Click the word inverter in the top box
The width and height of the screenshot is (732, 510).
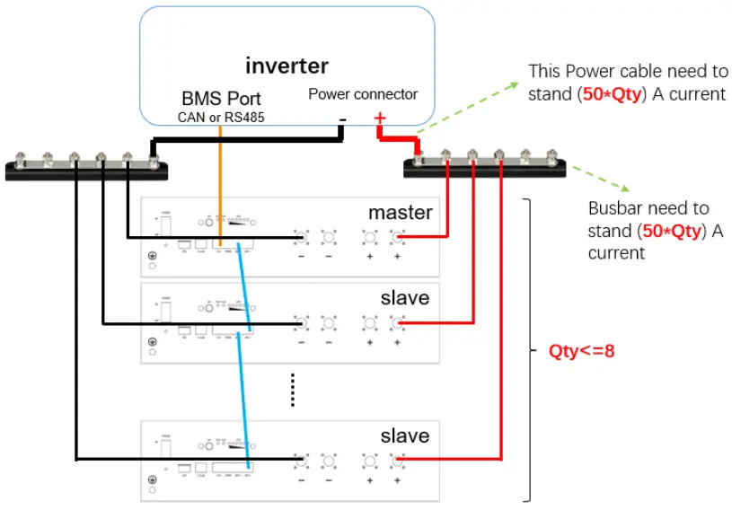(x=287, y=66)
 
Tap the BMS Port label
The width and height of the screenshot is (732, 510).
(x=220, y=98)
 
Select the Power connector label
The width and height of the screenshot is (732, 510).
(x=363, y=93)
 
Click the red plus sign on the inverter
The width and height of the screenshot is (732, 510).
(x=379, y=118)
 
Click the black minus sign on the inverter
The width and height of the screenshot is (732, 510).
(x=341, y=120)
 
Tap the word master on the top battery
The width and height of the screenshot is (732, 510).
(x=400, y=213)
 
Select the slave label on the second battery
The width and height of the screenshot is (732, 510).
(x=404, y=297)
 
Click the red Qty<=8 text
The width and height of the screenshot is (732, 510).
(x=581, y=351)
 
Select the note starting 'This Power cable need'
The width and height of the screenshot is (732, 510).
(x=626, y=82)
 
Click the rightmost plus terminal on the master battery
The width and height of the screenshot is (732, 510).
(x=397, y=238)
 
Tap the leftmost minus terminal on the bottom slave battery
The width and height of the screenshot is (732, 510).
(x=301, y=461)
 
